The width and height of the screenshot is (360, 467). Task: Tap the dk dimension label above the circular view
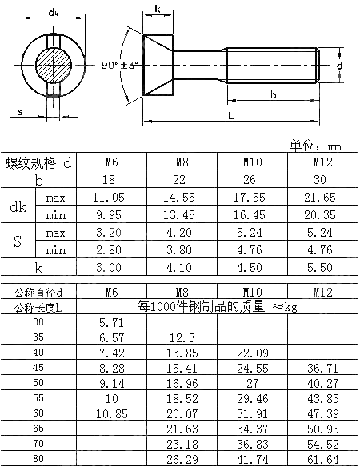point(54,12)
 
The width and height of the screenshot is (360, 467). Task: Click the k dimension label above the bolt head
point(157,10)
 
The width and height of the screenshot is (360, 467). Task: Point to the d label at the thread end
point(339,64)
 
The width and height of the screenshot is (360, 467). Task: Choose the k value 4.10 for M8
point(182,268)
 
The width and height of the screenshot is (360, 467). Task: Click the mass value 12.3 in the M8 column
point(182,337)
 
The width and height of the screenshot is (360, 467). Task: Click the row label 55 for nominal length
point(38,397)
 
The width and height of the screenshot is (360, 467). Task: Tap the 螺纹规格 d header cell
point(38,162)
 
